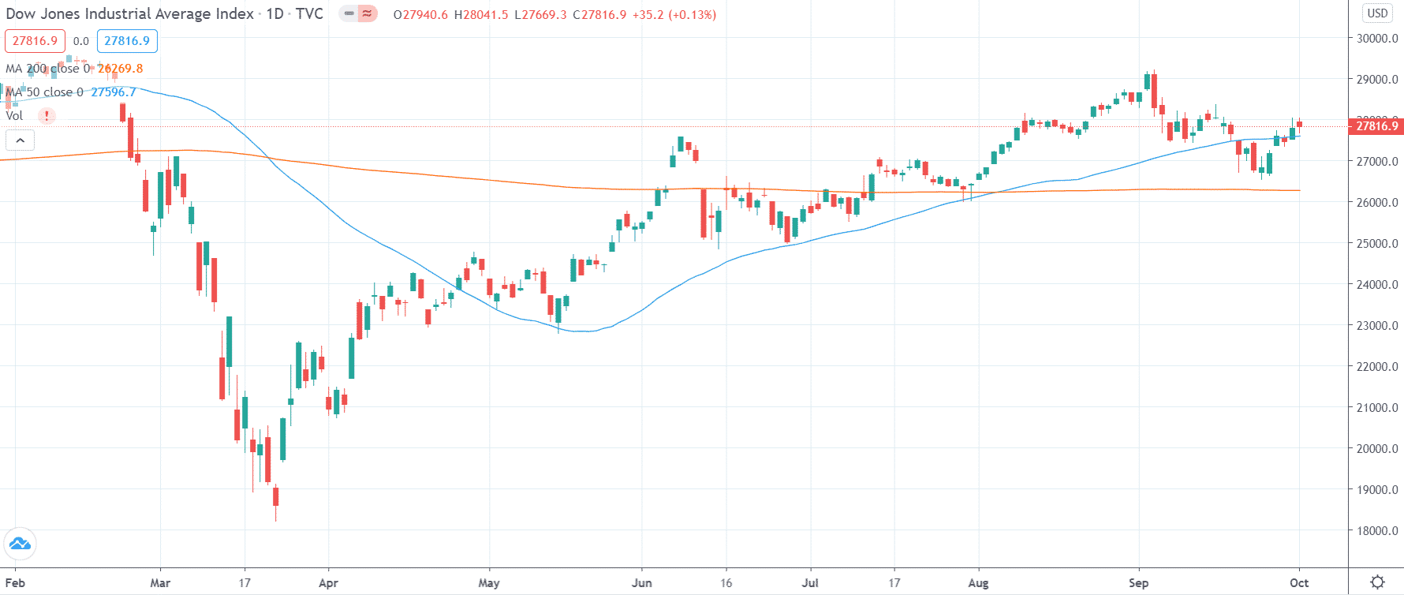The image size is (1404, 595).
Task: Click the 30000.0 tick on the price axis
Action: (1377, 38)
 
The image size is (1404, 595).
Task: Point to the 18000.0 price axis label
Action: (1377, 530)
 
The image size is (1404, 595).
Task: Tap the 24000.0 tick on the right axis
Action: (1377, 284)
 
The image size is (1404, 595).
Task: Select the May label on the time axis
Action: (489, 583)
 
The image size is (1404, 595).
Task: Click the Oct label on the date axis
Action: (1299, 583)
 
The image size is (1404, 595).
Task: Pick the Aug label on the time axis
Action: (978, 583)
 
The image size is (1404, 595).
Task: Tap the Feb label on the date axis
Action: (15, 583)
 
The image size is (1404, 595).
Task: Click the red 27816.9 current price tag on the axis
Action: (1376, 126)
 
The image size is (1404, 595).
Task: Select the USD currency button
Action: (1377, 13)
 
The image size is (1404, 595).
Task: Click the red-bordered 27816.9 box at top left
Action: (35, 41)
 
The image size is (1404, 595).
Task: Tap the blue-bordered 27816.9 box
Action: (127, 41)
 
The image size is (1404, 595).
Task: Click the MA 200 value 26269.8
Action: (120, 69)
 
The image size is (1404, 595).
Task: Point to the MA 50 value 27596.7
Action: (114, 92)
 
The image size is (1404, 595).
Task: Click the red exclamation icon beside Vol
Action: (47, 116)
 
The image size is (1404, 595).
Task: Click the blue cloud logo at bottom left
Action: (20, 544)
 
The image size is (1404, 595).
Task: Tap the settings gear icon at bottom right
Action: (1377, 582)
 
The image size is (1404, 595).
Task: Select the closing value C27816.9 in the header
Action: (599, 15)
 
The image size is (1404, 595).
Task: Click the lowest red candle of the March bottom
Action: (276, 496)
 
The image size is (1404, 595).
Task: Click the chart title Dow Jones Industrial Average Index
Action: (130, 14)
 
